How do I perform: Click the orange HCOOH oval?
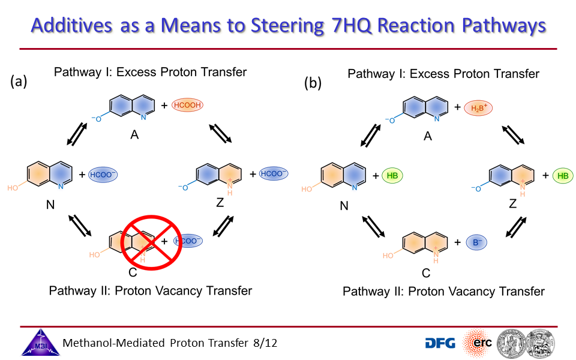click(187, 105)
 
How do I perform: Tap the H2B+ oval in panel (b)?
click(478, 108)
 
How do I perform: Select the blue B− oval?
click(476, 242)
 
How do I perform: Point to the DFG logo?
click(440, 343)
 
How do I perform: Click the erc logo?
click(478, 343)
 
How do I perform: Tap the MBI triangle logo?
click(40, 343)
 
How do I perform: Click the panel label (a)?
click(19, 81)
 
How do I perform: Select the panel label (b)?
click(313, 83)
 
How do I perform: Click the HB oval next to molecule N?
click(392, 176)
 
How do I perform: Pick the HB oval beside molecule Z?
click(563, 176)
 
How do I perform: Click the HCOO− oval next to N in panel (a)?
click(103, 175)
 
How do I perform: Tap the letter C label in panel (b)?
click(426, 273)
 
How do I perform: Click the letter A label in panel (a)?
click(134, 135)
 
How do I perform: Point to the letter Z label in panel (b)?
click(513, 203)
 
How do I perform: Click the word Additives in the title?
click(71, 25)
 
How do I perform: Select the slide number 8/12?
click(265, 343)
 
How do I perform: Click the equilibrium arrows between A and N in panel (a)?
click(77, 134)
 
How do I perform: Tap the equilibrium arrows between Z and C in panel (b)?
click(516, 227)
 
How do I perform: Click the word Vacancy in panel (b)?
click(473, 292)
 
